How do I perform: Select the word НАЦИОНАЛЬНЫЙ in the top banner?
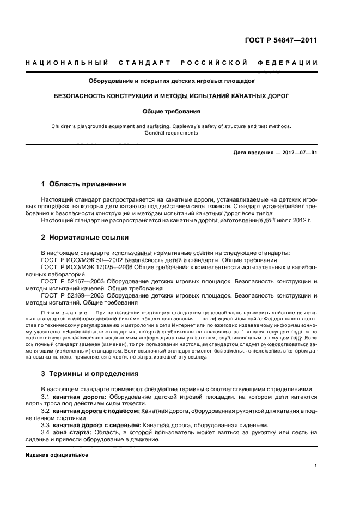coord(67,63)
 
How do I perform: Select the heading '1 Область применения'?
coord(84,184)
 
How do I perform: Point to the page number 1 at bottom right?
coord(316,466)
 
